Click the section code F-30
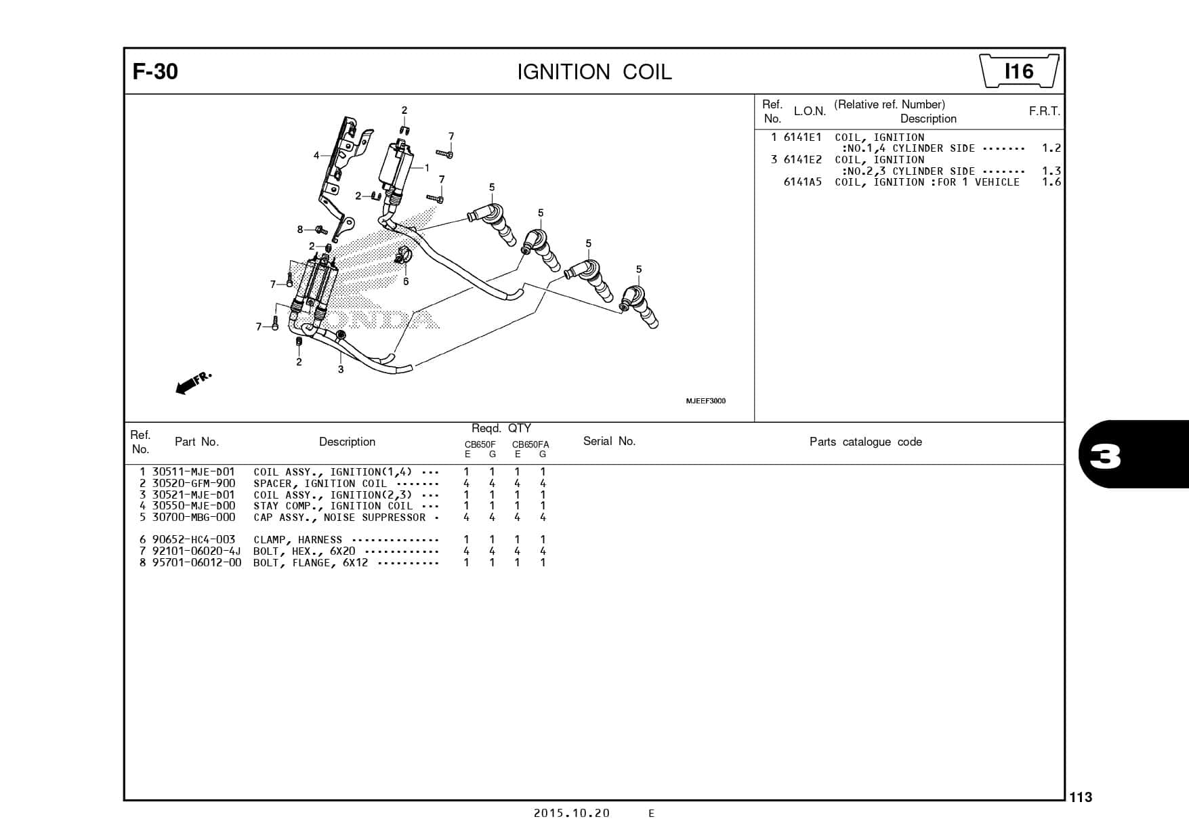tap(155, 72)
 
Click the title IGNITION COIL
tap(594, 72)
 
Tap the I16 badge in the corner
tap(1019, 72)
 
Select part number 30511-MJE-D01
tap(193, 472)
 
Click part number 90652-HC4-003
tap(194, 540)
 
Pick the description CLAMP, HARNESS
tap(297, 540)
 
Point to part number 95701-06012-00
tap(196, 563)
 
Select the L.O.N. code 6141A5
tap(802, 182)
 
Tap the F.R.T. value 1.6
tap(1051, 182)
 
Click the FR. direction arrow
tap(193, 383)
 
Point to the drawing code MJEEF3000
tap(705, 401)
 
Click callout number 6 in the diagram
tap(406, 282)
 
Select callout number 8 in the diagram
tap(300, 229)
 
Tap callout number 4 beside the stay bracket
tap(316, 156)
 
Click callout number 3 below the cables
tap(341, 369)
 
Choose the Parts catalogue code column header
tap(865, 442)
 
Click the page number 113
tap(1081, 797)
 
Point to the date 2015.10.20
tap(571, 814)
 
